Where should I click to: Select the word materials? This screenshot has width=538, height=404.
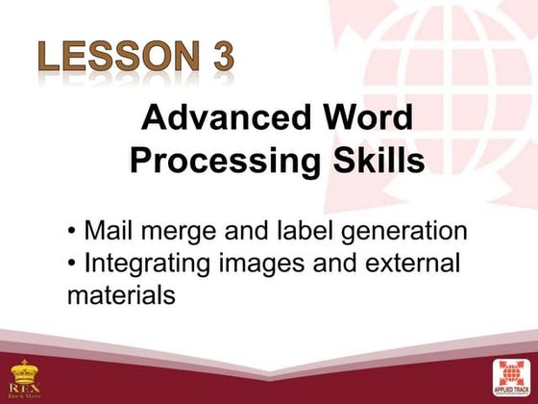click(x=121, y=294)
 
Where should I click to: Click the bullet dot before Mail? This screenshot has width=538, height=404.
click(x=73, y=233)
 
